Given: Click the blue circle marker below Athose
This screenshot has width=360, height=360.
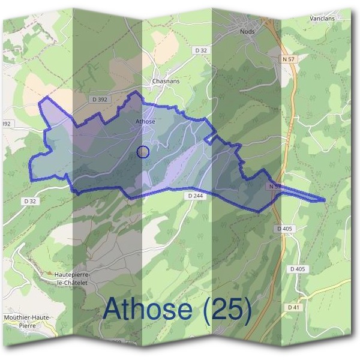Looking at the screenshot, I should coord(143,152).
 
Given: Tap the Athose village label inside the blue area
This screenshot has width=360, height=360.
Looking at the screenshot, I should coord(145,122).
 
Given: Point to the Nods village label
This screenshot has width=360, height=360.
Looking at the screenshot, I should coord(247,31).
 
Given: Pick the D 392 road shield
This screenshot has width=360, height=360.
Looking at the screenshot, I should coord(100,99).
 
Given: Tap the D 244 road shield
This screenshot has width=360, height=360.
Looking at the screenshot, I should coord(195,196).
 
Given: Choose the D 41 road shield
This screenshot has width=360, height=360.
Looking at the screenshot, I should coord(293,307).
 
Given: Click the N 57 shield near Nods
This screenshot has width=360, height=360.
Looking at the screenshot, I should coord(290,59).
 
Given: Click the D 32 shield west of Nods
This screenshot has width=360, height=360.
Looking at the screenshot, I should coord(200,51).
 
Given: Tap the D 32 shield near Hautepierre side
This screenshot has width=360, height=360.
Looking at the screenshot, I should coord(31,201).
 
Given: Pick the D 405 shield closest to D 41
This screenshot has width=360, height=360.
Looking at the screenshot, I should coord(296,269).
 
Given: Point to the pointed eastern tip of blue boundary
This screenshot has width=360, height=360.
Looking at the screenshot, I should coord(325,200).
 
